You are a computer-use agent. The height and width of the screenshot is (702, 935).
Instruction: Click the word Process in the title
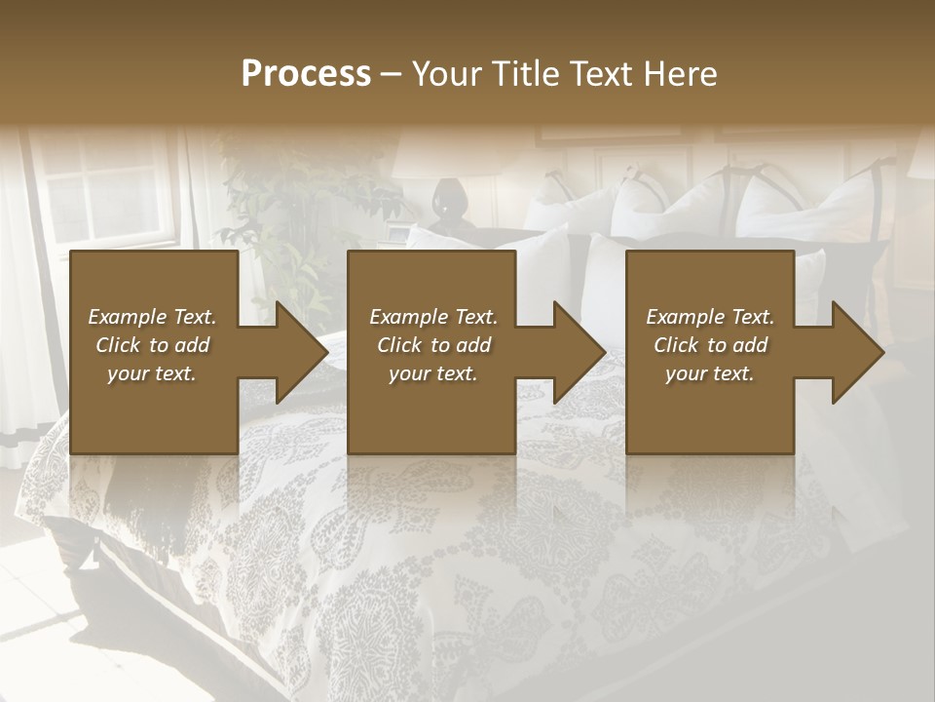pos(306,74)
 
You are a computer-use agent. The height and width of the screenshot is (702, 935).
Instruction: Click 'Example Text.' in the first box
pos(152,317)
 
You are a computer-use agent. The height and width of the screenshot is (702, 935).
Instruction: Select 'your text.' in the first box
pos(152,373)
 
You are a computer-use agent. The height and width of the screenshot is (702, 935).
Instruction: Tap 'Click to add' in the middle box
pos(433,345)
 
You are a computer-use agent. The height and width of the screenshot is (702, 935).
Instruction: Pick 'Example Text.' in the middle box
pos(433,317)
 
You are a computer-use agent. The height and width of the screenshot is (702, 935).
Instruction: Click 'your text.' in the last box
pos(709,373)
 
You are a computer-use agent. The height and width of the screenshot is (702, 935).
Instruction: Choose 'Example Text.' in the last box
pos(710,317)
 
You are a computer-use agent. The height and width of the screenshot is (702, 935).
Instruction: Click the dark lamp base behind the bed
pos(449,205)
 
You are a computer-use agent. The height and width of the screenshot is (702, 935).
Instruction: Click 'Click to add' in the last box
pos(710,345)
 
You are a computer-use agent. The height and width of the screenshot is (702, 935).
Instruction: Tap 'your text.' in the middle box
pos(433,373)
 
